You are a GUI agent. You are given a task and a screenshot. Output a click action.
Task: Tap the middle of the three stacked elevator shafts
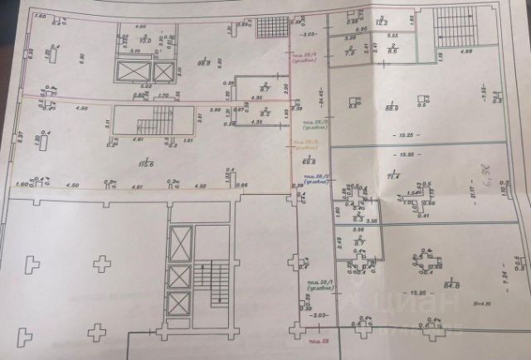coord(179,275)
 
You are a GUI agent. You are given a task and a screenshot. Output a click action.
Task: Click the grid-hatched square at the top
coord(271,27)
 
